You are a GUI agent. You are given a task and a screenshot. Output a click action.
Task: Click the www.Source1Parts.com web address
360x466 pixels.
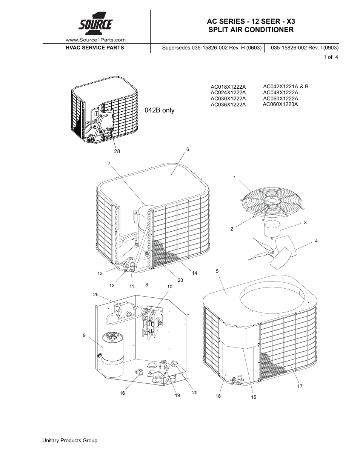95,40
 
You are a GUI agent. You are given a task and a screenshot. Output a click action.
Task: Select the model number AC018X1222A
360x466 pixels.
228,87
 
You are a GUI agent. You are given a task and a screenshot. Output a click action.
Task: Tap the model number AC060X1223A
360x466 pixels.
280,104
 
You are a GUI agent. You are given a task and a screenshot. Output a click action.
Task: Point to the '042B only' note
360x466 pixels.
160,111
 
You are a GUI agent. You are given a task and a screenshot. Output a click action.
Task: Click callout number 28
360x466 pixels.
117,151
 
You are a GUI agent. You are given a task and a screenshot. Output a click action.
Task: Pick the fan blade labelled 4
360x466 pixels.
277,249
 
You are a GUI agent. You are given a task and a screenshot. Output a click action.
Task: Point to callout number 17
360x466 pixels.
300,386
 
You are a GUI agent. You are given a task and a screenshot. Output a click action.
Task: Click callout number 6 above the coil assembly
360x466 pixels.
188,149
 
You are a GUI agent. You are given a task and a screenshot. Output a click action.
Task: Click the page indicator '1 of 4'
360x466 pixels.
331,57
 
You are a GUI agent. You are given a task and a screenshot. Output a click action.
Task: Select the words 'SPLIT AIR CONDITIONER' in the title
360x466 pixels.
251,30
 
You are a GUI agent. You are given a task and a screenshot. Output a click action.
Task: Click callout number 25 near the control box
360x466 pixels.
95,294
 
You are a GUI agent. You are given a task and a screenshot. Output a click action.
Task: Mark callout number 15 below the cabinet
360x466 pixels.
254,397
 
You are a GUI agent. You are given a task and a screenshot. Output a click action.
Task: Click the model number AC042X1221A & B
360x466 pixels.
286,86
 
